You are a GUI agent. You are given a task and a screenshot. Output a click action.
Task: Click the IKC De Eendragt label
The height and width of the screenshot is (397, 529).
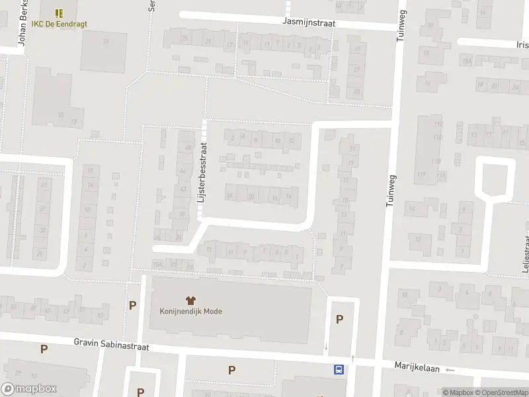[x=59, y=24]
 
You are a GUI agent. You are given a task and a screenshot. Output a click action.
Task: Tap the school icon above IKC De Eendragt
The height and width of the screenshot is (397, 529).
[x=59, y=13]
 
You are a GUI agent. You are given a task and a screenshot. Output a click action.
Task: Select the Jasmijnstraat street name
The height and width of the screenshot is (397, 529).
[x=308, y=22]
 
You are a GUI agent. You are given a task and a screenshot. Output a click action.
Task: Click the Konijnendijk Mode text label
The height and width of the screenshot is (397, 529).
[x=190, y=312]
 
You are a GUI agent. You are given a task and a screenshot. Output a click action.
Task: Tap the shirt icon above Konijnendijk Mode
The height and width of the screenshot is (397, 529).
[x=190, y=300]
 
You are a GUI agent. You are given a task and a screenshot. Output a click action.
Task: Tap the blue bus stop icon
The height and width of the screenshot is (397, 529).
[x=339, y=369]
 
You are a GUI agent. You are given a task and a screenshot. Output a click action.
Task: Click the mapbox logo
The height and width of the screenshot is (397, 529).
[x=29, y=389]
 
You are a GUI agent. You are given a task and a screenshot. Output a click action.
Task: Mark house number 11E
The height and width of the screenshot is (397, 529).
[x=437, y=124]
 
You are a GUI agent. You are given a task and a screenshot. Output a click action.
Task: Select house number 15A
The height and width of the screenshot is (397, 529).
[x=157, y=265]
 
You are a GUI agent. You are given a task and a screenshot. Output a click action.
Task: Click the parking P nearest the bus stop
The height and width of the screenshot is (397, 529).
[x=340, y=319]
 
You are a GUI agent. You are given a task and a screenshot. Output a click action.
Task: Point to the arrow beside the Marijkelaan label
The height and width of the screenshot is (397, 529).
[x=450, y=370]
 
